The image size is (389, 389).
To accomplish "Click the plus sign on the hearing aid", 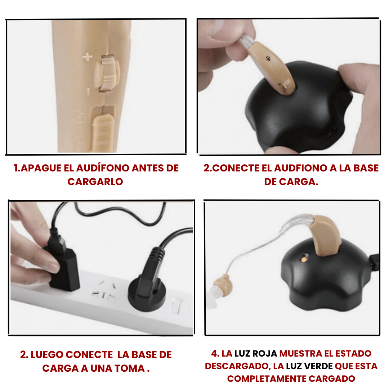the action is click(x=87, y=57).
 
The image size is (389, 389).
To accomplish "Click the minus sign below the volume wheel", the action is click(x=88, y=91).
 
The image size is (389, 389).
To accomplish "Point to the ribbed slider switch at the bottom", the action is click(x=103, y=133).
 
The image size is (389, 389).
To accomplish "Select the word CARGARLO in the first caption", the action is click(x=95, y=182).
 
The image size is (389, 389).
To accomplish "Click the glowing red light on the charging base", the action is click(x=304, y=259).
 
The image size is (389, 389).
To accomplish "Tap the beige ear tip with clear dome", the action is click(x=220, y=289).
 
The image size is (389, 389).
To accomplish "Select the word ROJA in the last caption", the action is click(x=264, y=354).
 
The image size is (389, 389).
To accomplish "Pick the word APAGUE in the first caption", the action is click(x=41, y=168).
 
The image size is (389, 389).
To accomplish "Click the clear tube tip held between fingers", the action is click(x=246, y=41).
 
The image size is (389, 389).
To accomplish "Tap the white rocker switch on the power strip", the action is click(x=176, y=305).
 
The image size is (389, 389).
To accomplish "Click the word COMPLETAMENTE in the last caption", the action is click(x=267, y=379).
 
